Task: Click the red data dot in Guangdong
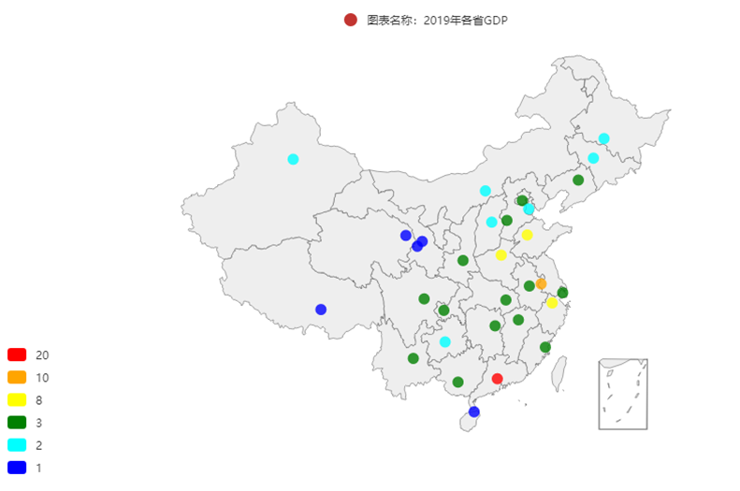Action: point(497,379)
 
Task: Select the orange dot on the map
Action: point(541,283)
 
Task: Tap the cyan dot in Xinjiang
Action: point(293,159)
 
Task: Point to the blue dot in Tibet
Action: point(321,310)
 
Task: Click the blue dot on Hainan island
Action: point(473,412)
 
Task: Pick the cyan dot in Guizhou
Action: point(444,341)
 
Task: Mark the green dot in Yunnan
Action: point(413,358)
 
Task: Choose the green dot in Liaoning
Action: point(578,181)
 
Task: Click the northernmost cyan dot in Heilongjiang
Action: point(603,138)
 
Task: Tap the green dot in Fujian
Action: point(545,348)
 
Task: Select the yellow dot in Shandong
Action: point(527,235)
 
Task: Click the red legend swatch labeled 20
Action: point(17,354)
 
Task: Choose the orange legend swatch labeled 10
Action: point(17,377)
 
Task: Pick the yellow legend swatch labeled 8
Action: point(17,399)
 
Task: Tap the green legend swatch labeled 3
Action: point(17,422)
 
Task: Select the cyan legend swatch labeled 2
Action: point(17,444)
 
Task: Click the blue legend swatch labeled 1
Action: point(17,467)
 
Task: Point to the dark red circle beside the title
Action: point(351,20)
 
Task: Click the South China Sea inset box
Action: point(623,394)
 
